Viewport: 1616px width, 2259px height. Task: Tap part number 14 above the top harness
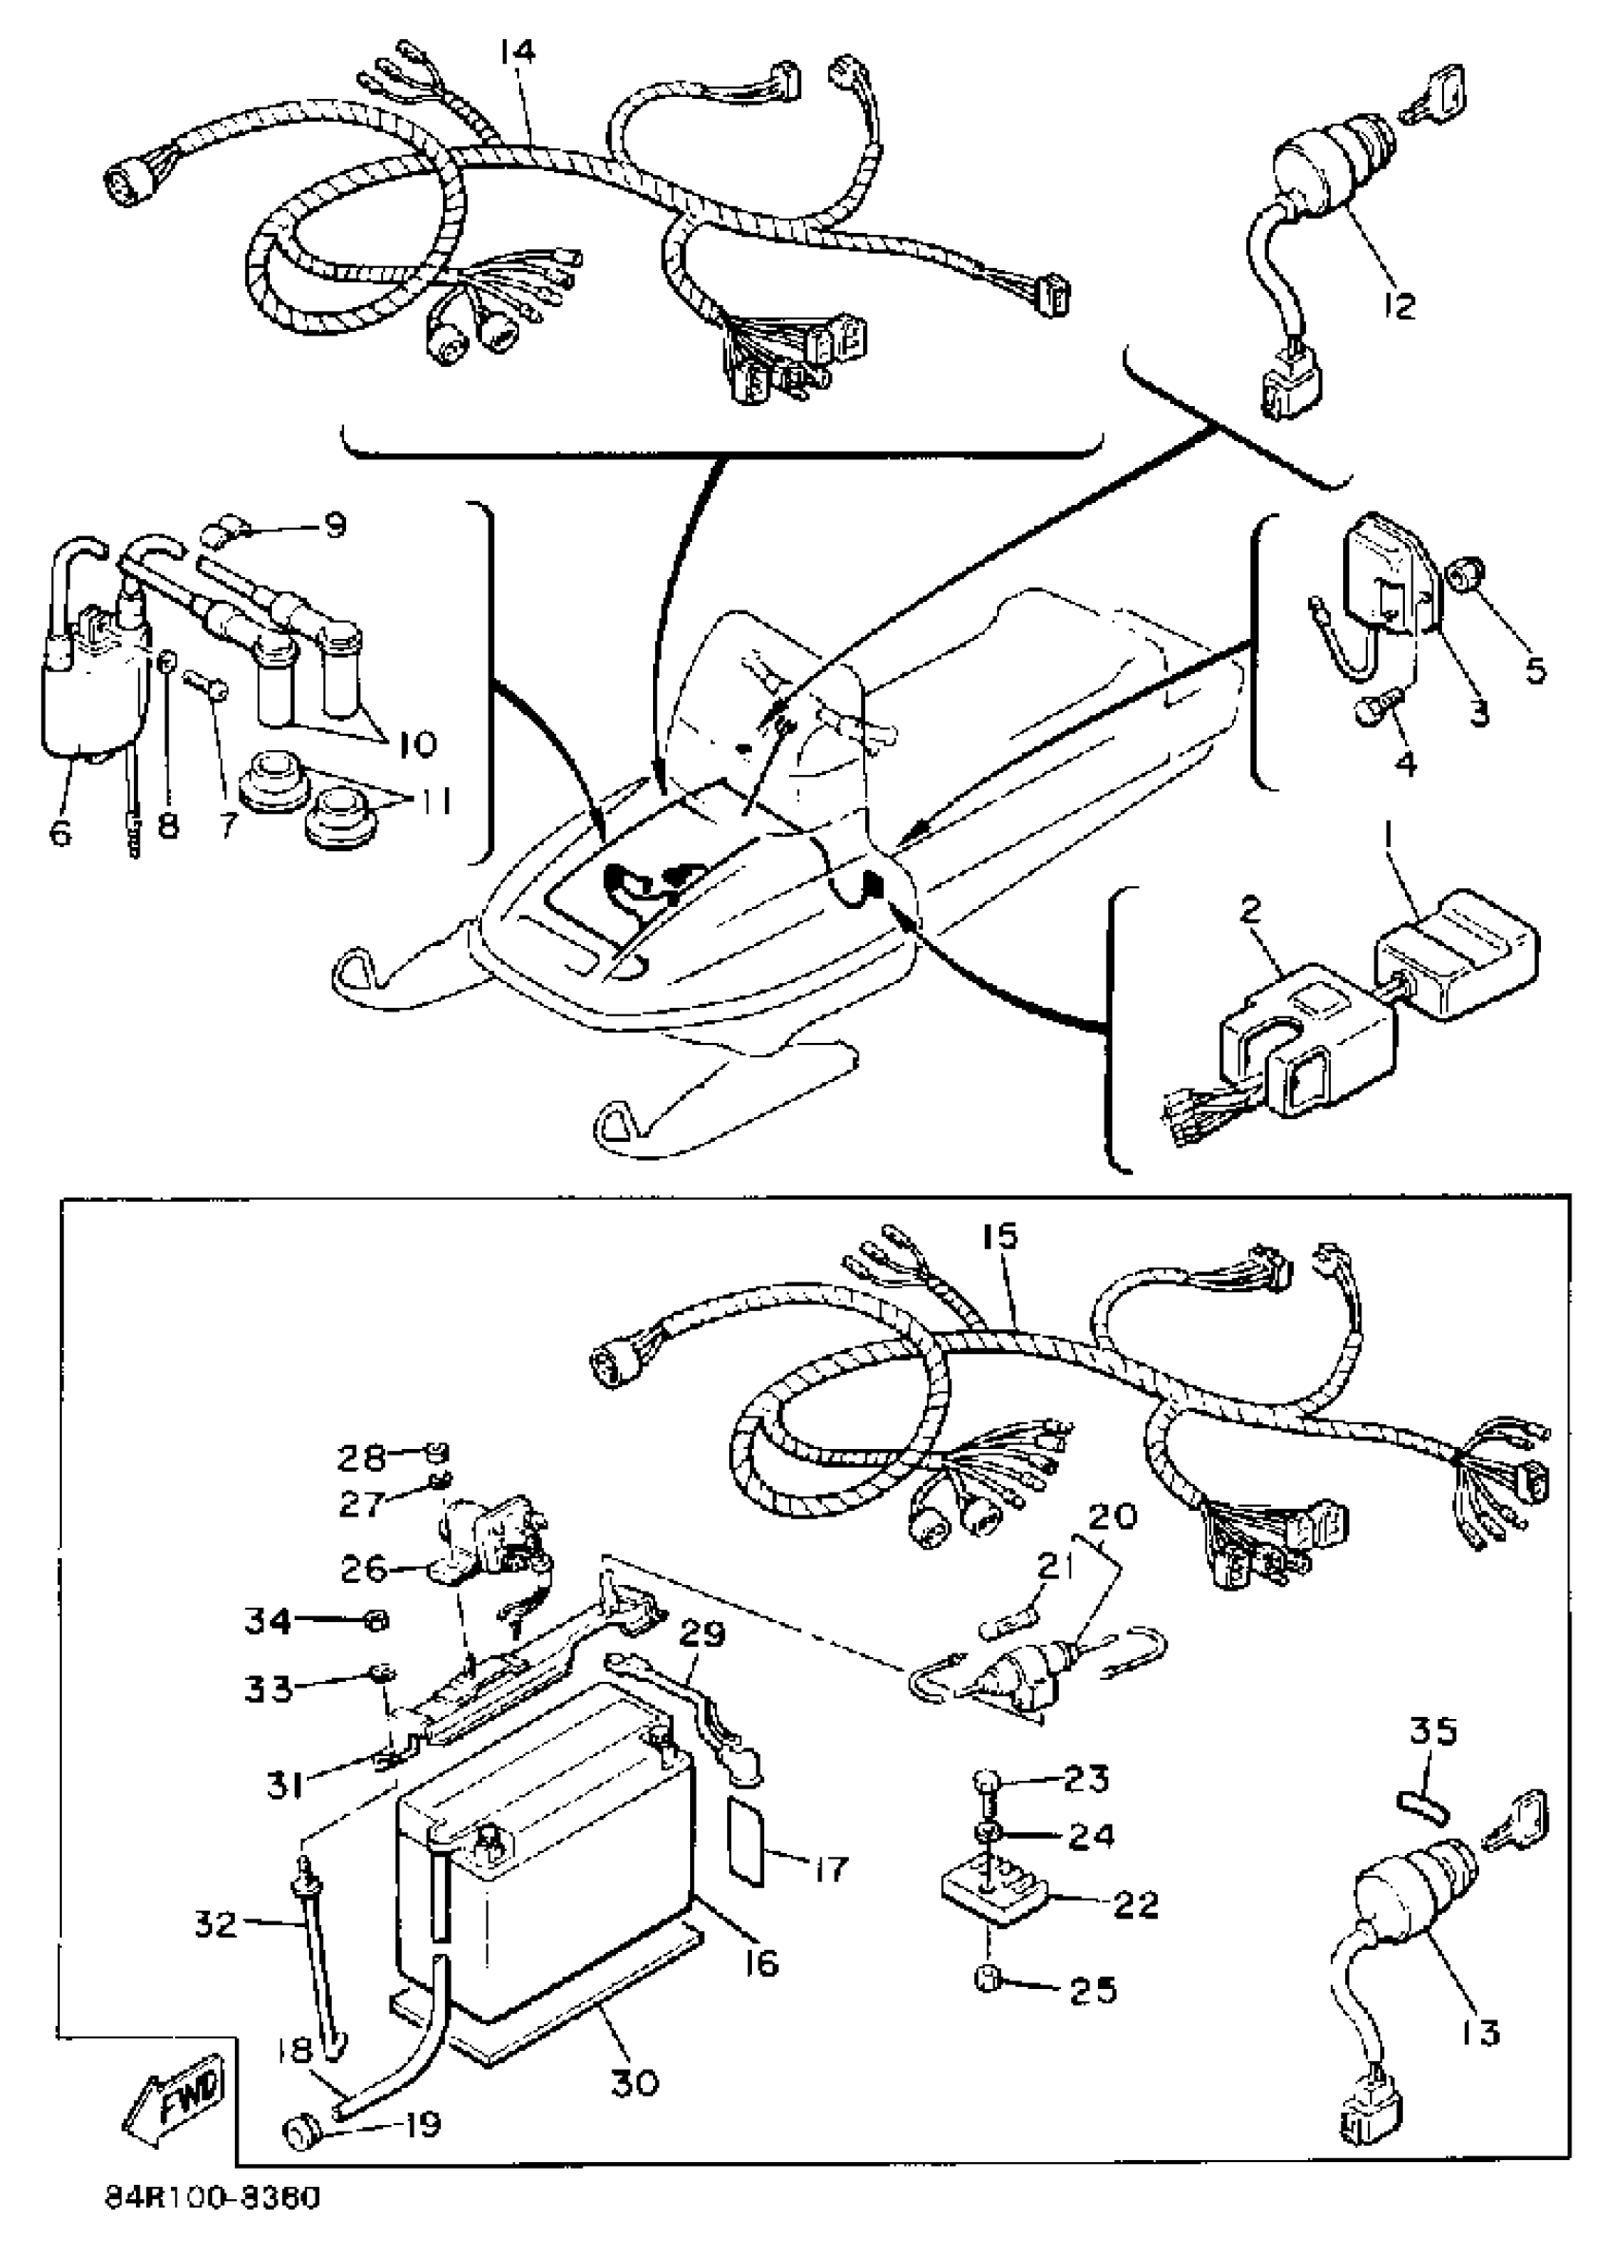(x=517, y=50)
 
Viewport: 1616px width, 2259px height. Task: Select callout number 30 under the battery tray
(x=634, y=2080)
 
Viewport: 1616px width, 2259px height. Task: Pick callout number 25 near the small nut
(x=1092, y=1989)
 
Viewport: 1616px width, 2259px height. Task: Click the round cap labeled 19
(x=298, y=2133)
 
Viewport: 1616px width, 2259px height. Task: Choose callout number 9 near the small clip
(x=337, y=524)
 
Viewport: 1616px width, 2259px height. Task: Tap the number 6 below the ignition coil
(x=62, y=834)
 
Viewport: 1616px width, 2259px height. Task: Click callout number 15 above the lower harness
(x=1001, y=1238)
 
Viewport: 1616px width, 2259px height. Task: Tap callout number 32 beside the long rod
(x=214, y=1923)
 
